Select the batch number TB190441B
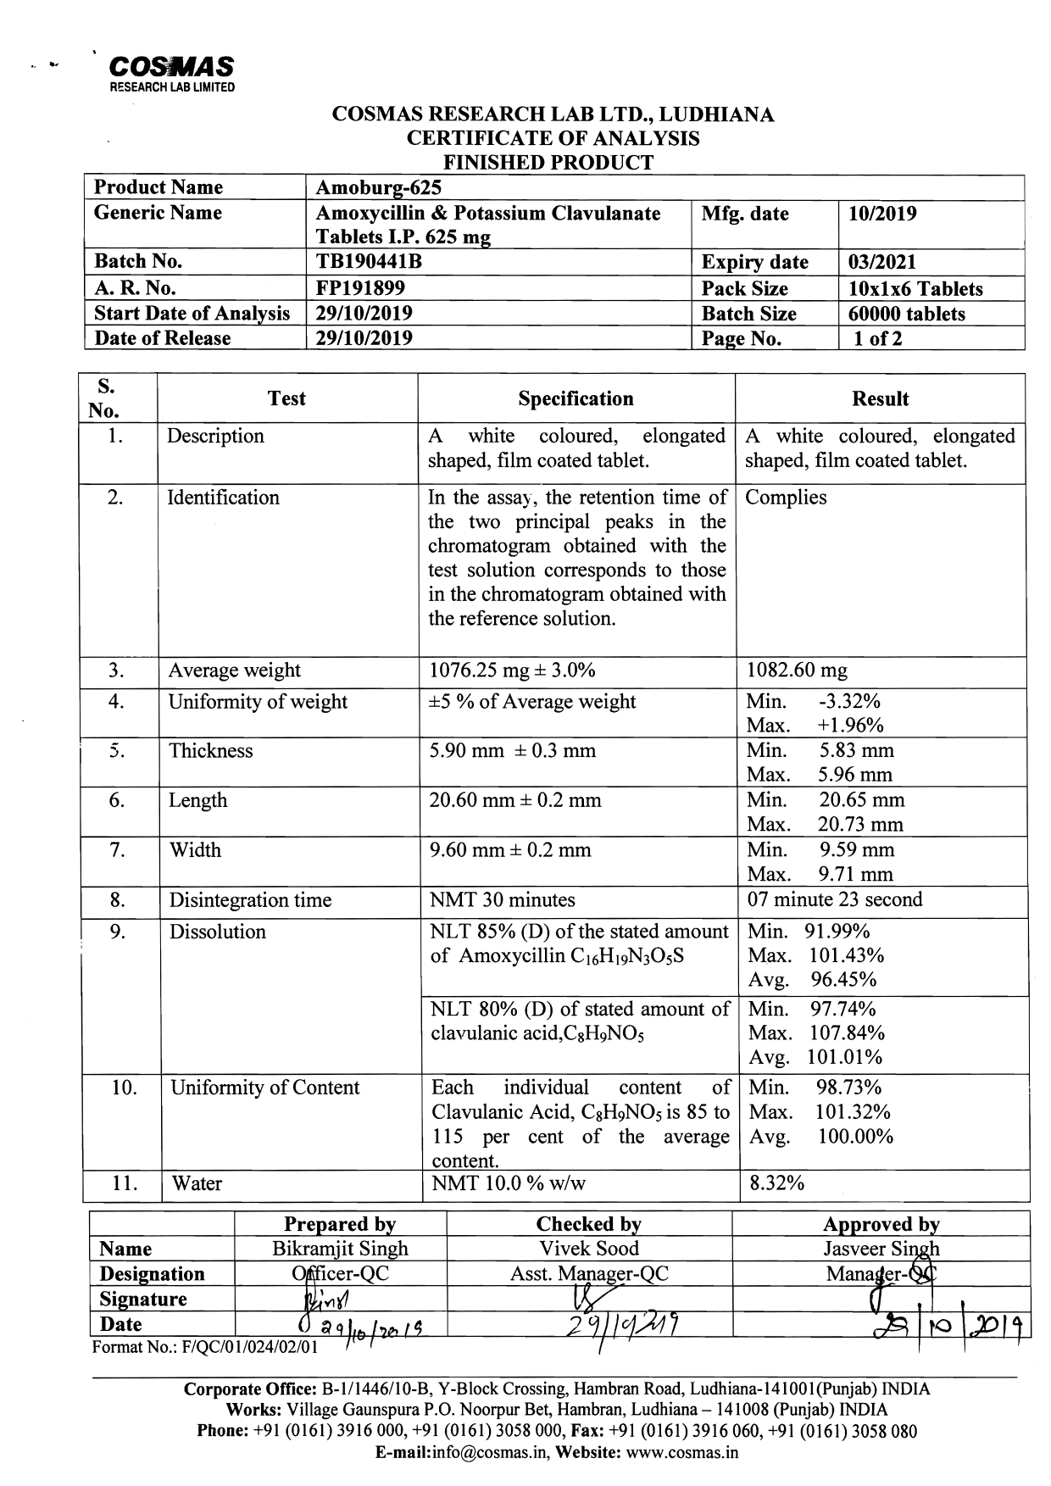[369, 262]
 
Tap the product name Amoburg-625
[378, 187]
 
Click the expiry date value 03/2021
[881, 263]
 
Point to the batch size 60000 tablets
[906, 314]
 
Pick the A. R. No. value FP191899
[360, 288]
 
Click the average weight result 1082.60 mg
[796, 671]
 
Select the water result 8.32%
[775, 1183]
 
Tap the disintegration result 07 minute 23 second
[834, 899]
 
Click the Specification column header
[576, 398]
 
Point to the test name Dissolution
[217, 932]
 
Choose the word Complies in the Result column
[785, 498]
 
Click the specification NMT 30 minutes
[502, 899]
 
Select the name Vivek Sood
[589, 1249]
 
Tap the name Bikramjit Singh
[340, 1249]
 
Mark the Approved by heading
[881, 1224]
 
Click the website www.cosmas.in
[682, 1452]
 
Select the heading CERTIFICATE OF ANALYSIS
[553, 138]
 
